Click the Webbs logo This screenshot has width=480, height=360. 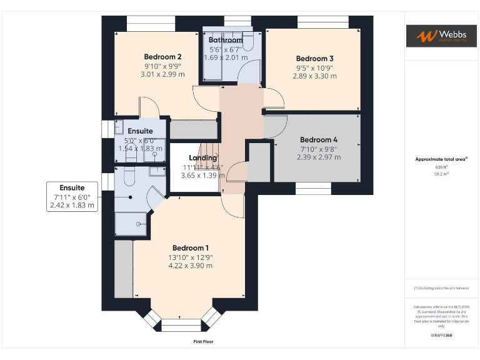441,36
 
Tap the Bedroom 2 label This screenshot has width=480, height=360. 162,56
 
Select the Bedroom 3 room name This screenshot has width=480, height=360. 314,58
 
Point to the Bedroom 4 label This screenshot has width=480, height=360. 318,139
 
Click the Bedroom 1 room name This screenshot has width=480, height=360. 191,247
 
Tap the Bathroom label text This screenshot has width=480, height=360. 226,40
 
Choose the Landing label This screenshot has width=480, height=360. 202,158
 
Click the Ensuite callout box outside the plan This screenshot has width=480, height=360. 72,196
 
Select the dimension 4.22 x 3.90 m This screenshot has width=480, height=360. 191,266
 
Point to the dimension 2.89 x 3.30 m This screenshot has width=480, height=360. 314,76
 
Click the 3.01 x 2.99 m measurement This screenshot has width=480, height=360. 162,74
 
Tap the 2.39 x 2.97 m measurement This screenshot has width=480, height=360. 318,157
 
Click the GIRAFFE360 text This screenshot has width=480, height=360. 441,336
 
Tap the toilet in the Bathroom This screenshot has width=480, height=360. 248,41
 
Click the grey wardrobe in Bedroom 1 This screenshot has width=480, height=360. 124,269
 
